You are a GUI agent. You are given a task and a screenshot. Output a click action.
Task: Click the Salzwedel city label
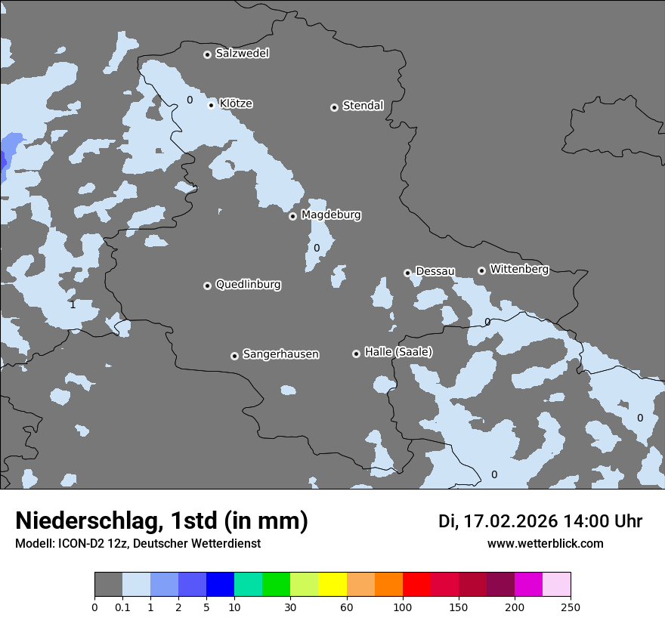pos(242,54)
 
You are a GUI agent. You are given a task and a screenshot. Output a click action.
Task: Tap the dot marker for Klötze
pos(211,105)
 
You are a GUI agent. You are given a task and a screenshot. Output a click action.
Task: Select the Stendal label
pos(363,106)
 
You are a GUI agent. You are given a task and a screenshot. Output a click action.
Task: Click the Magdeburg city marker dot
pos(292,216)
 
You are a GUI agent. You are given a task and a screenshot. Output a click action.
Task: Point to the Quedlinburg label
pos(248,285)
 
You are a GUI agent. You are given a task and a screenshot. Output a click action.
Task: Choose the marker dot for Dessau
pos(407,273)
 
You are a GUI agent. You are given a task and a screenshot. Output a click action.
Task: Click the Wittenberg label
pos(518,269)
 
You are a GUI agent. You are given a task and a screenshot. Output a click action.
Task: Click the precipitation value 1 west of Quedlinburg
pos(73,304)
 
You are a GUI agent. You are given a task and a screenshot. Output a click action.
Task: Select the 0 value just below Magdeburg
pos(317,248)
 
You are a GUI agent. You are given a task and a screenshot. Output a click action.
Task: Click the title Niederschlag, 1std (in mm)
pos(162,520)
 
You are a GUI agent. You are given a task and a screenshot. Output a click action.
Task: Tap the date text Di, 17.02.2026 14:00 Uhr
pos(540,521)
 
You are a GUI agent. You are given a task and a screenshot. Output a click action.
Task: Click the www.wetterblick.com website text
pos(545,543)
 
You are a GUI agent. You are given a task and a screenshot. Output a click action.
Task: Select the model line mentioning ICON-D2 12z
pos(138,543)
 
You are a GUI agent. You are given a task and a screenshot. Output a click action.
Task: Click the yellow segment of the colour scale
pos(332,585)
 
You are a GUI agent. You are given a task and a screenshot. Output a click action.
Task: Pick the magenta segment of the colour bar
pos(528,585)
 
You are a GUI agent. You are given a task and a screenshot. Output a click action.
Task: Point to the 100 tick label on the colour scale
pos(402,607)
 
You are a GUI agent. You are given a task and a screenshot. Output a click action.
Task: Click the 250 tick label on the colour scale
pos(570,607)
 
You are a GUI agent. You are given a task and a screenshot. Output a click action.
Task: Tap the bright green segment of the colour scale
pos(277,585)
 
